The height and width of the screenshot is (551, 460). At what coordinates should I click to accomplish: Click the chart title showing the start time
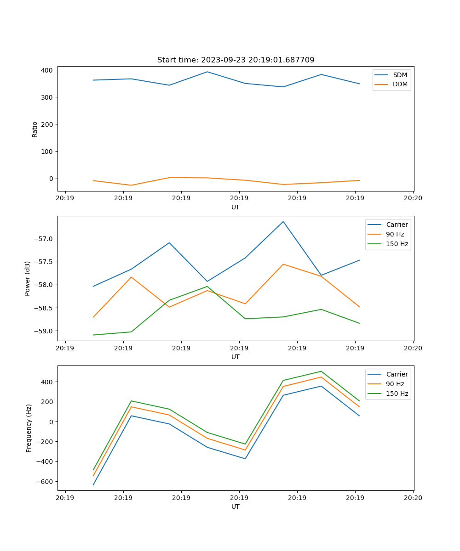236,60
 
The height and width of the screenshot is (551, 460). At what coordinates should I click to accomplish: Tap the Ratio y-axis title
35,129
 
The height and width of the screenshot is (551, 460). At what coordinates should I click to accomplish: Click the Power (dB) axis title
28,278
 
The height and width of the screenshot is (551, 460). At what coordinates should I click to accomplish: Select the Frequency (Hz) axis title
29,428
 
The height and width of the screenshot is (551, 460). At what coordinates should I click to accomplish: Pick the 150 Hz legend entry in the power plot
397,244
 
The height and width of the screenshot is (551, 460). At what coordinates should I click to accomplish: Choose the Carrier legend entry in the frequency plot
397,374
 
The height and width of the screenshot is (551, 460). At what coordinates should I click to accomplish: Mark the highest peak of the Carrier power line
283,221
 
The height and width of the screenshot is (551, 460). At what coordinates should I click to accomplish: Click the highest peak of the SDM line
207,72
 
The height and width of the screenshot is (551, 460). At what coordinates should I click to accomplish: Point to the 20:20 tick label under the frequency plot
413,497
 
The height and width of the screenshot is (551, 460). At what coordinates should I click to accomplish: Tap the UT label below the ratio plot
236,207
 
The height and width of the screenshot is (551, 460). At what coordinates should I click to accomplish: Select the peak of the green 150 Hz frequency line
321,371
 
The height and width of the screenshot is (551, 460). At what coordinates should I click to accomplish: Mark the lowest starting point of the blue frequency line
93,485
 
